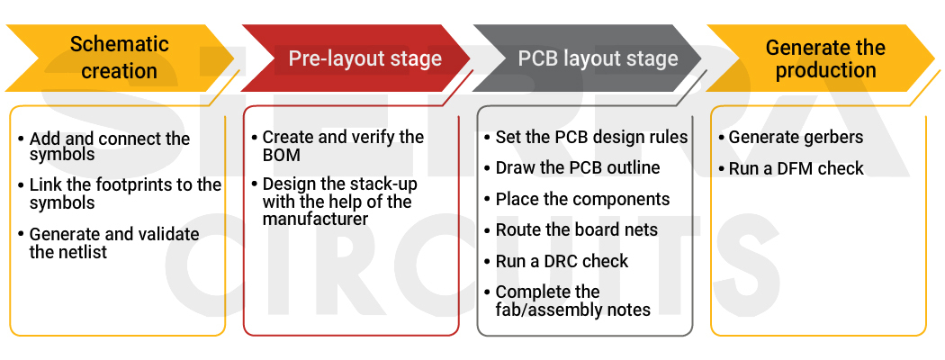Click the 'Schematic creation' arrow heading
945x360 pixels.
point(119,58)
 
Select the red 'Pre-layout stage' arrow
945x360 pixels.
point(364,59)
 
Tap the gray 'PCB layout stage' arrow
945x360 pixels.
point(598,59)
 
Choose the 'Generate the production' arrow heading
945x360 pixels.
point(824,58)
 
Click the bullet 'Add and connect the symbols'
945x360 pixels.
point(109,147)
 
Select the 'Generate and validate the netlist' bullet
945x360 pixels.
point(113,243)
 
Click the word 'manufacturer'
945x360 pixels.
point(313,218)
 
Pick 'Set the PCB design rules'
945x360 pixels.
point(591,138)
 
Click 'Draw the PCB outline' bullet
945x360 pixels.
point(577,168)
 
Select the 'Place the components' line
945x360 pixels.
point(582,199)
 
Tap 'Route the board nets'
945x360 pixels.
point(576,230)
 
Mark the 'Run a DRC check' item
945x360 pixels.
point(562,261)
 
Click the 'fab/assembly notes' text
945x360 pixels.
point(572,310)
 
